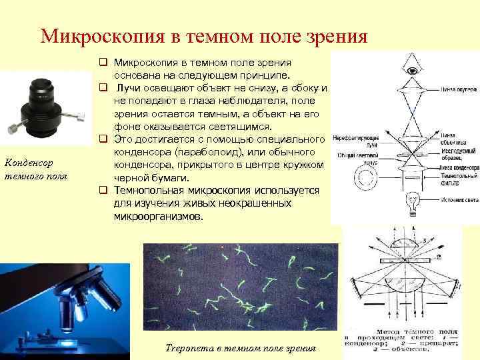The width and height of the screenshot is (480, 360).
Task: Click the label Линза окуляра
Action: pos(455,88)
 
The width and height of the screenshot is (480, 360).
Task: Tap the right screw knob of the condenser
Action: pos(80,117)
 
